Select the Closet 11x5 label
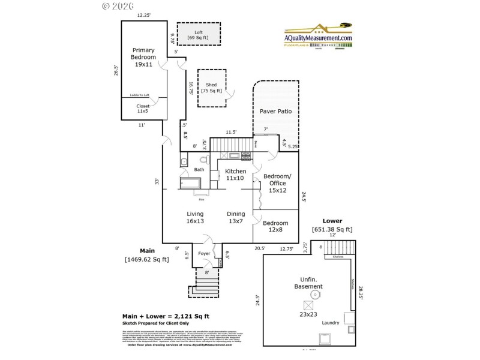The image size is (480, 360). pos(143,109)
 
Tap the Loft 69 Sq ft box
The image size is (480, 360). pos(198,35)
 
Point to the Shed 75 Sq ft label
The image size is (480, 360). pos(211,88)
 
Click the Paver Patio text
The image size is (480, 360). pos(275,112)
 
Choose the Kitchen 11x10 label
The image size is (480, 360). pos(235,175)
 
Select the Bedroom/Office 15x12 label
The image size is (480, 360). pos(277,183)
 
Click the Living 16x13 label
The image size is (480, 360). pos(195,217)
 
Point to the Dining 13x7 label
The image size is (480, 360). pos(235,217)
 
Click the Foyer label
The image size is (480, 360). pos(205,253)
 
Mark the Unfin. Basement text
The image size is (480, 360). pos(308,283)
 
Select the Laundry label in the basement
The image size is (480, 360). pos(330,323)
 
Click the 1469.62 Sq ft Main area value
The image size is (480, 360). pos(147,259)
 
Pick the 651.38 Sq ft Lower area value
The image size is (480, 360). pos(332,229)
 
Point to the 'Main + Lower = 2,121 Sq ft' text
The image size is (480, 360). pos(166,316)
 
